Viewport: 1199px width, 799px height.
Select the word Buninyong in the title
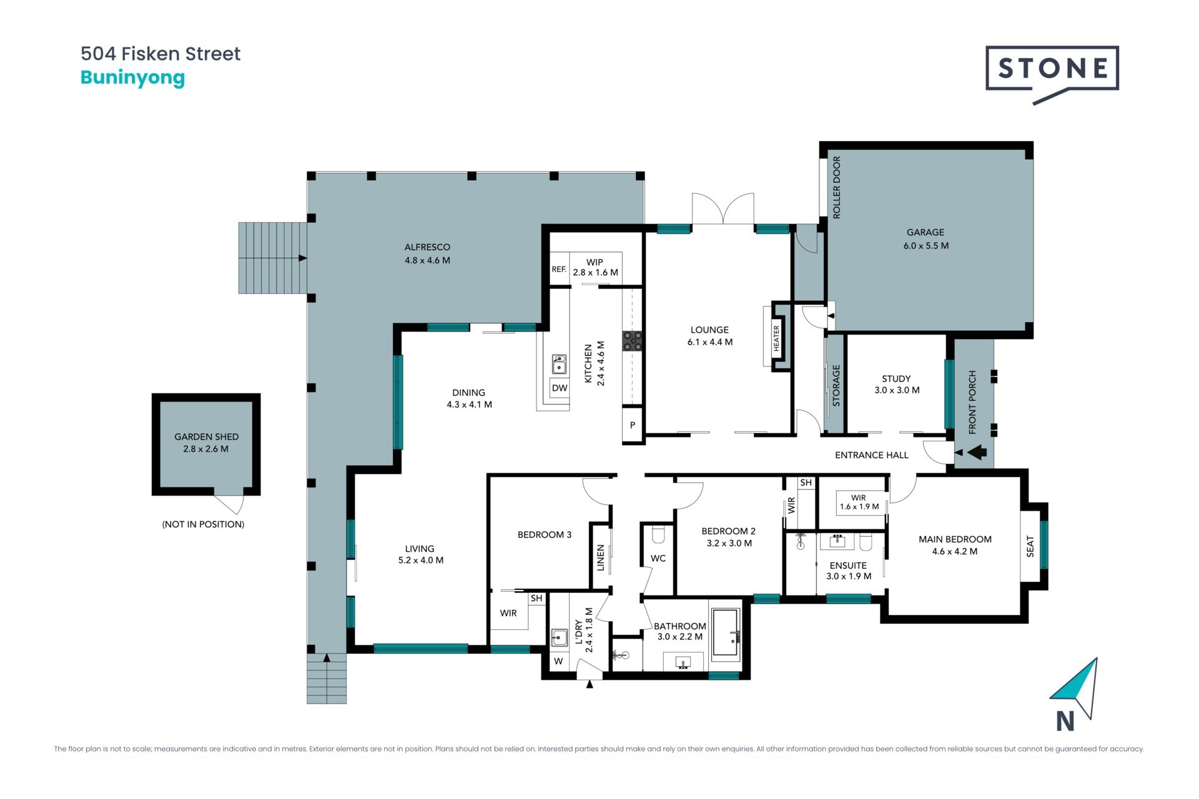pos(132,78)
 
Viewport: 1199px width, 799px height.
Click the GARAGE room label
pos(925,232)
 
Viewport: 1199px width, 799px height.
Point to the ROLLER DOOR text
pos(837,187)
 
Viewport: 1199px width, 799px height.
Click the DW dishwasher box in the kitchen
pos(560,388)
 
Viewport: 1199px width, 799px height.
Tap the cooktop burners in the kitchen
pos(632,341)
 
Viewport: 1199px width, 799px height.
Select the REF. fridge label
pos(559,270)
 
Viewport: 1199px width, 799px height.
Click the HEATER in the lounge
pos(776,338)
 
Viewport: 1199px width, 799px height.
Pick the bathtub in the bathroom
pos(726,633)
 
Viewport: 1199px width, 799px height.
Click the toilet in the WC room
pos(658,535)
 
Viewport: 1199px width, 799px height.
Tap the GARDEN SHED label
pos(206,436)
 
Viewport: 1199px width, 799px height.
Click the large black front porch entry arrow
pos(977,452)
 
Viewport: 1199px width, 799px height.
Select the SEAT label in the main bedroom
pos(1030,547)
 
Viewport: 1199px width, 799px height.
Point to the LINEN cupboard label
pos(601,557)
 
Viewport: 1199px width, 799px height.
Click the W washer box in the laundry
pos(558,661)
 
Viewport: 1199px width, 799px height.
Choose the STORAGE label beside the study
pos(836,386)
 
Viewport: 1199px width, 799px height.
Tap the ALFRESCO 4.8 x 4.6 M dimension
pos(427,260)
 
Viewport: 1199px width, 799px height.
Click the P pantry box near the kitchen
pos(633,425)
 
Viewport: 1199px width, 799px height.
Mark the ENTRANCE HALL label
pos(872,455)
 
